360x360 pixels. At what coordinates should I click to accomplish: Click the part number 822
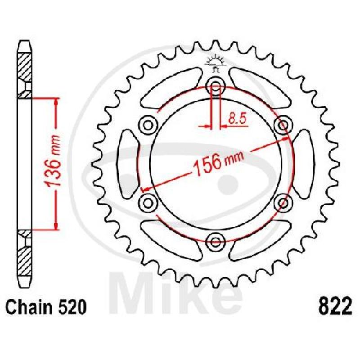335,306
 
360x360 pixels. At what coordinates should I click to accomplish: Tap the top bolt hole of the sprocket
215,87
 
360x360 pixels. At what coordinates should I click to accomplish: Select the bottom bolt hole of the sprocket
215,241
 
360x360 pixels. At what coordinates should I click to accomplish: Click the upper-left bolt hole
148,126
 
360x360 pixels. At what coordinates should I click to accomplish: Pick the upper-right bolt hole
283,126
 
